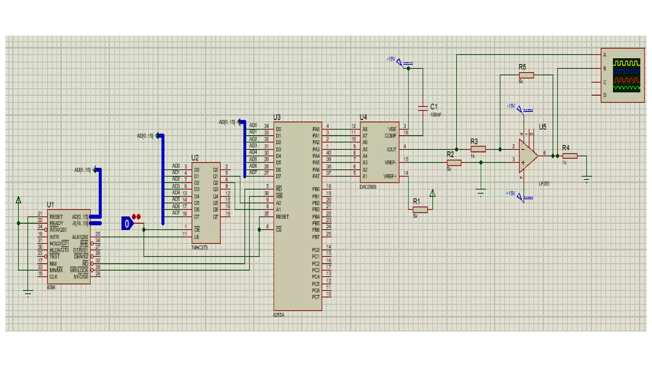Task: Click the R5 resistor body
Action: [526, 75]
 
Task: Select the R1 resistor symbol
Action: [420, 210]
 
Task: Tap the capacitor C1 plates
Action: [422, 108]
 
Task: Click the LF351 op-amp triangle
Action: [527, 156]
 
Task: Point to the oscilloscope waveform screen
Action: [626, 76]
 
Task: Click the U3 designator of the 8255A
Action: [277, 117]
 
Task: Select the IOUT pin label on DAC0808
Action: [391, 149]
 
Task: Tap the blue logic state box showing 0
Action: [127, 223]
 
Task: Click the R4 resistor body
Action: [570, 156]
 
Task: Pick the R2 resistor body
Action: [454, 163]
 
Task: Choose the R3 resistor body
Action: [478, 149]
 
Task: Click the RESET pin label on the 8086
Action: [56, 217]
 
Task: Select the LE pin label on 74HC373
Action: [196, 237]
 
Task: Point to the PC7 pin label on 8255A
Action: [315, 297]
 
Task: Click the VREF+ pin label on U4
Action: [390, 176]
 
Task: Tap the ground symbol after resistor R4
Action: [586, 179]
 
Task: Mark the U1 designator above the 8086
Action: [50, 205]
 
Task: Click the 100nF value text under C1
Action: [436, 115]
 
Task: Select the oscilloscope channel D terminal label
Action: [605, 95]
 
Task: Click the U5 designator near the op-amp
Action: [542, 127]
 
